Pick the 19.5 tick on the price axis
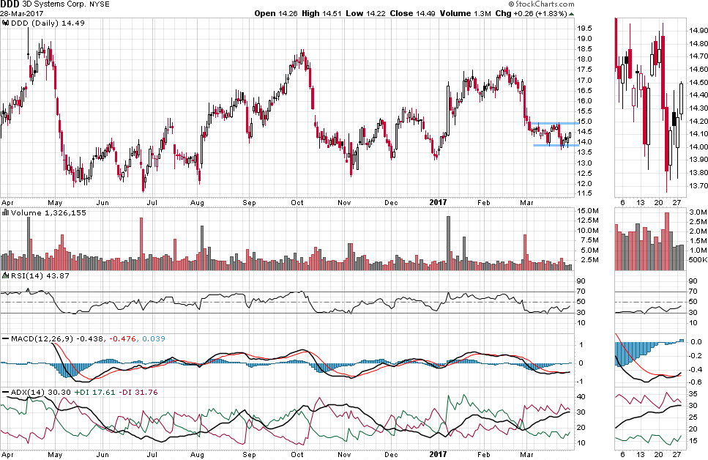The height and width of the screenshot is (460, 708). click(x=585, y=29)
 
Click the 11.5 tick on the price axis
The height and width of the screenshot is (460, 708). click(x=585, y=193)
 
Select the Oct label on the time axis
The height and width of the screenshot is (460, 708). click(x=297, y=202)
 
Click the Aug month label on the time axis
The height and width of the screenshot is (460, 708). click(x=196, y=202)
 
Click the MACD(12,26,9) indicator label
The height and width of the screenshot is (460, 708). click(x=37, y=338)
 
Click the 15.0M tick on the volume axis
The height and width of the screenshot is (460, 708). click(x=587, y=211)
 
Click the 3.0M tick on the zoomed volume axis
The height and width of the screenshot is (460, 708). click(x=697, y=211)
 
